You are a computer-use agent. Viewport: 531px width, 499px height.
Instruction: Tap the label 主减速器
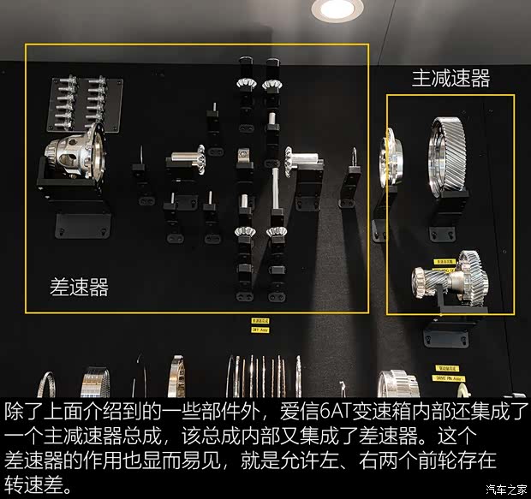450,80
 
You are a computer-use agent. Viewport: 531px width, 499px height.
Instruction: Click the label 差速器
80,288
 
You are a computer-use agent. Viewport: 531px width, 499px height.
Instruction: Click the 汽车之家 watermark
504,490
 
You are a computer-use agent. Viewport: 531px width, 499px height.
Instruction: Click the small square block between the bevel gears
244,157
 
